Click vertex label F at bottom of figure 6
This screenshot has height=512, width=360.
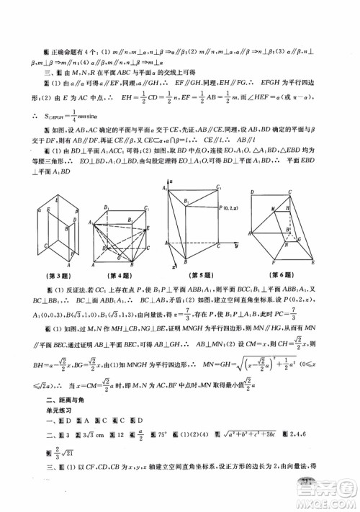click(276, 266)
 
